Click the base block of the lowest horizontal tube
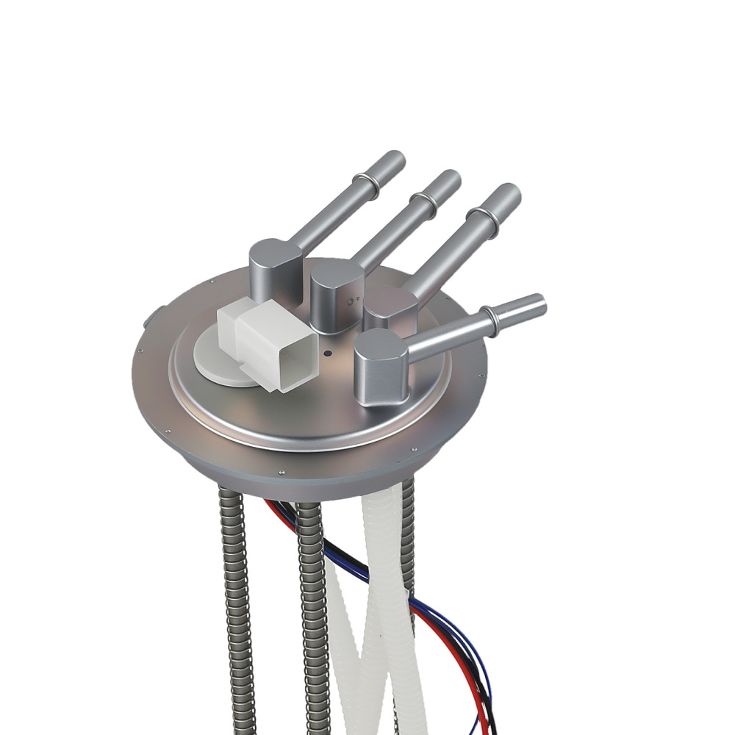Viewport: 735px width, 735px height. pyautogui.click(x=381, y=366)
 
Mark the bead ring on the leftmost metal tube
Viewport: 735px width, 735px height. pyautogui.click(x=365, y=185)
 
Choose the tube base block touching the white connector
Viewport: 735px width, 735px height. pyautogui.click(x=275, y=269)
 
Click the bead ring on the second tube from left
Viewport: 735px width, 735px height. pyautogui.click(x=423, y=204)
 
